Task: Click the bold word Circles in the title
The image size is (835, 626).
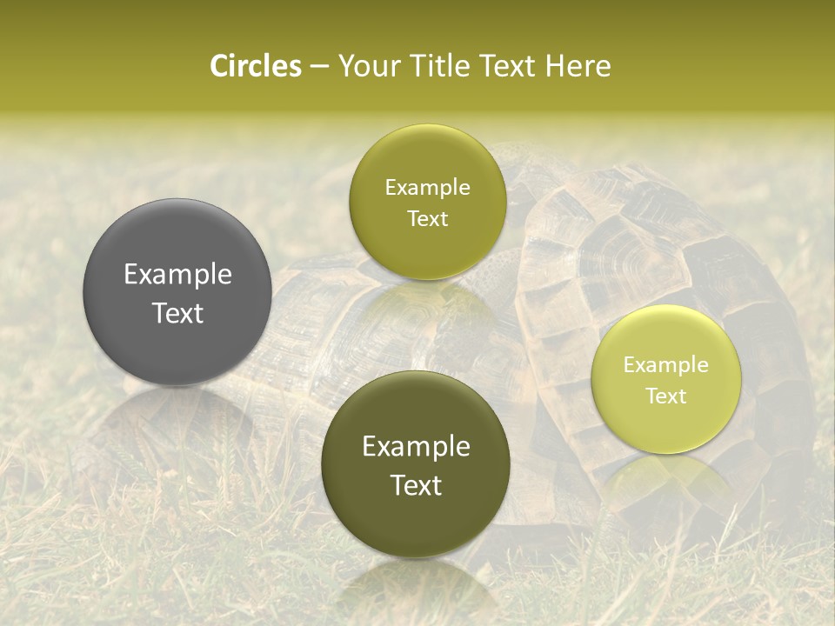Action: coord(255,66)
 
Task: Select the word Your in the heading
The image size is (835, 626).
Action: coord(369,66)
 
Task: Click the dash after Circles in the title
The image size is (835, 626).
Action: coord(319,67)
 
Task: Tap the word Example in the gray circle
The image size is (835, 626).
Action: coord(177,275)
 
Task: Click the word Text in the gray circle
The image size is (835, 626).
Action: coord(177,314)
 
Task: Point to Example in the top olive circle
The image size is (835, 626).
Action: coord(427,188)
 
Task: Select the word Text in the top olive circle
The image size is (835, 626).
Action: coord(427,219)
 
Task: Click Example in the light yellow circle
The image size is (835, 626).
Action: coord(666,365)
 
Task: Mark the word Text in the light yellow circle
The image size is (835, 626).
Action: coord(666,396)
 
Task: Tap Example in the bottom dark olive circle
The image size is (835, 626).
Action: coord(416,447)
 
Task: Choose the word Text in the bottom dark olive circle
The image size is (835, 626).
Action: coord(416,485)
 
